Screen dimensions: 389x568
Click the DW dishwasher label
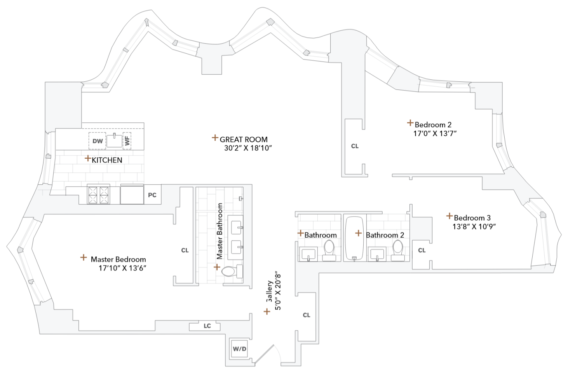[x=98, y=141]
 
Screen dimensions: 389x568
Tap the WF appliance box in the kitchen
[x=127, y=140]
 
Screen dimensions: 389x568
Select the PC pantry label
[x=152, y=195]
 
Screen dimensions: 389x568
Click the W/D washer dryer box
[x=239, y=349]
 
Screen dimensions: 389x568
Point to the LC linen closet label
[x=207, y=326]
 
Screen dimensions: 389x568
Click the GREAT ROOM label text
[x=244, y=139]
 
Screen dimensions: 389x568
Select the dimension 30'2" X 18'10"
[x=248, y=148]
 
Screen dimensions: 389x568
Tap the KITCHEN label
[x=107, y=160]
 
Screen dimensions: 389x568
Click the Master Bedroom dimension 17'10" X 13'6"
[x=122, y=268]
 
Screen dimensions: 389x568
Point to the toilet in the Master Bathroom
[x=231, y=271]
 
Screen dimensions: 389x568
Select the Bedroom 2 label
[x=433, y=125]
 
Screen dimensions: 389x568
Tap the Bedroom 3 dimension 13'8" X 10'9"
[x=474, y=226]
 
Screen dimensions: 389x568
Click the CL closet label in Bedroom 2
[x=355, y=146]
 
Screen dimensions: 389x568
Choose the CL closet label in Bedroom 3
[x=422, y=251]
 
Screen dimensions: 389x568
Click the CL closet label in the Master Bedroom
[x=185, y=251]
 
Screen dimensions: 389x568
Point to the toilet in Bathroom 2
[x=398, y=250]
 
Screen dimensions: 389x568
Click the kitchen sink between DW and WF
[x=114, y=140]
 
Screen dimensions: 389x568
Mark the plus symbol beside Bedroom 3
[x=450, y=216]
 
